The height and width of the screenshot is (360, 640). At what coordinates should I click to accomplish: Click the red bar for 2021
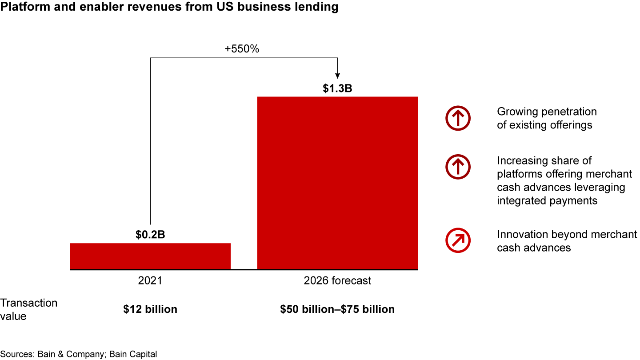150,256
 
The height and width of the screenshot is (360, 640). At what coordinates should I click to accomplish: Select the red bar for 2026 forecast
337,183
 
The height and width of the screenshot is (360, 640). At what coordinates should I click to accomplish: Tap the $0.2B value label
150,235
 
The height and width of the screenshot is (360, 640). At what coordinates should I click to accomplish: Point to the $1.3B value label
337,88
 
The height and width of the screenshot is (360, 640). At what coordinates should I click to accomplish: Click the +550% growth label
242,49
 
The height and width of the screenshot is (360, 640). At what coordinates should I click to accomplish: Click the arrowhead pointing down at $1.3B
337,75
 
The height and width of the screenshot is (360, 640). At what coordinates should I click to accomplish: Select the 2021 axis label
150,281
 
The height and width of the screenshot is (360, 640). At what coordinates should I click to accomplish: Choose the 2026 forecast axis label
337,281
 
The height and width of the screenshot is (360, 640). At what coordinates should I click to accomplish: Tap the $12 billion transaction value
150,309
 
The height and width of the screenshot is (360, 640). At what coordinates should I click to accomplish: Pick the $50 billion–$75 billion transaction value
337,309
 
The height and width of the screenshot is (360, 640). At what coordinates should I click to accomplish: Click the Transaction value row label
29,309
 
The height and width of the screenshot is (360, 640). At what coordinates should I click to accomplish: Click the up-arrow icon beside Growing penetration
458,118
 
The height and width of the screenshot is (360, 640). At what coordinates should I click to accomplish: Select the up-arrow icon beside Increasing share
458,167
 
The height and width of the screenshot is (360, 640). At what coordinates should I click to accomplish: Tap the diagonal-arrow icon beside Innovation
458,241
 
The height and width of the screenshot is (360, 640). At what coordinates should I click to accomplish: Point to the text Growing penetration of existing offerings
547,118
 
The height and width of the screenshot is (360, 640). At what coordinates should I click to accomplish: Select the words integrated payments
547,200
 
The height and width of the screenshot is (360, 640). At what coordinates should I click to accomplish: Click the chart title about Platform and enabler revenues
169,7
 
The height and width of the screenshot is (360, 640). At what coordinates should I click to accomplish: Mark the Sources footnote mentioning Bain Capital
79,354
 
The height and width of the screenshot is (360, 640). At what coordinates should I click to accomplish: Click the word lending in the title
317,7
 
